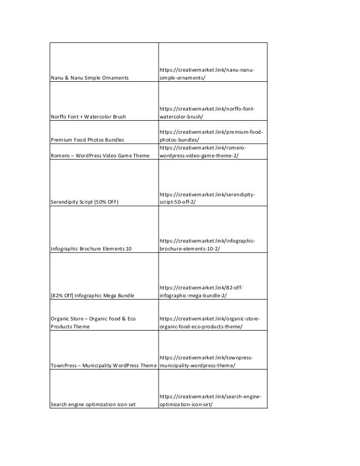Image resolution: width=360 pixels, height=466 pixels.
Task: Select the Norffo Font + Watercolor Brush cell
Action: tap(88, 116)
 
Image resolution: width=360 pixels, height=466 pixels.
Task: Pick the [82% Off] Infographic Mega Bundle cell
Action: tap(93, 294)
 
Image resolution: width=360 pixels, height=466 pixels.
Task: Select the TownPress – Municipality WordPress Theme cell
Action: tap(103, 365)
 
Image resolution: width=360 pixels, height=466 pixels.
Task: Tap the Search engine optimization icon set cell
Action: tap(93, 404)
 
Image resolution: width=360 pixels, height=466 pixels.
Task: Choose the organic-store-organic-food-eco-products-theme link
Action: tap(210, 322)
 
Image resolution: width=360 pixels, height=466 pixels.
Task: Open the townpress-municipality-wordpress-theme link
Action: tap(206, 361)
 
